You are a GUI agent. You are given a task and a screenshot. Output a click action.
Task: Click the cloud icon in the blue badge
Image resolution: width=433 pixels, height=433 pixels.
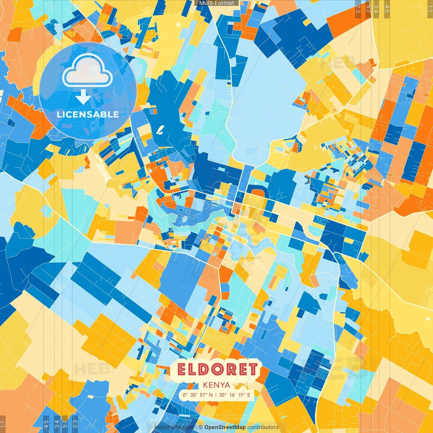click(x=87, y=70)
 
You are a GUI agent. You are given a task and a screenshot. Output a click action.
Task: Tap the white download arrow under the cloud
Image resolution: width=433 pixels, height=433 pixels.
click(x=83, y=97)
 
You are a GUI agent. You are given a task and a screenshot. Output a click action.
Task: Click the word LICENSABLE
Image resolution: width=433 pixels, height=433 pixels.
click(x=88, y=114)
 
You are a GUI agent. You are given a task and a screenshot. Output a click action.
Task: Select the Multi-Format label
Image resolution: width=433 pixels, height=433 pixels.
click(x=216, y=3)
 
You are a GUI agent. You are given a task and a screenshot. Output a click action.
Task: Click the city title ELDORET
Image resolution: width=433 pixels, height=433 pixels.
click(x=217, y=370)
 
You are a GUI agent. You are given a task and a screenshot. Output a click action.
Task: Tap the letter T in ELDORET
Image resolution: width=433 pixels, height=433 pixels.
click(x=252, y=370)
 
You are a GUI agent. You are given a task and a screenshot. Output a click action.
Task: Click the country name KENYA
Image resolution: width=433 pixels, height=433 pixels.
click(x=216, y=385)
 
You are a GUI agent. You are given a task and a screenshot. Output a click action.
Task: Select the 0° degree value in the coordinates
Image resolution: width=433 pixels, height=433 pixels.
click(x=185, y=395)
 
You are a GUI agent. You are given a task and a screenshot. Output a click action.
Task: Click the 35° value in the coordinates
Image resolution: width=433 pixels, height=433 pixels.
click(x=223, y=395)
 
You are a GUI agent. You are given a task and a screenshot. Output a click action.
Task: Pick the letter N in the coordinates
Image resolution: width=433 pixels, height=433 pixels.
click(x=211, y=395)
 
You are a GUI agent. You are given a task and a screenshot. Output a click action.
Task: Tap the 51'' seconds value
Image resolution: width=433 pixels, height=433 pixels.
click(x=203, y=395)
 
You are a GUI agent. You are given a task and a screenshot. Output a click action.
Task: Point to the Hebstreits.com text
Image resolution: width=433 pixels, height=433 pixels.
click(x=174, y=427)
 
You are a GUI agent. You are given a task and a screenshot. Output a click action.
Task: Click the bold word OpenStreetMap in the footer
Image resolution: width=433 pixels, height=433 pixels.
click(x=225, y=427)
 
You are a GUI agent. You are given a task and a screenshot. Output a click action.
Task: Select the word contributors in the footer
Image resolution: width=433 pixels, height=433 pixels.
click(x=263, y=427)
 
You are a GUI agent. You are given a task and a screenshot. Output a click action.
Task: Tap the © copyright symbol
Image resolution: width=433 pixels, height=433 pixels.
click(x=200, y=427)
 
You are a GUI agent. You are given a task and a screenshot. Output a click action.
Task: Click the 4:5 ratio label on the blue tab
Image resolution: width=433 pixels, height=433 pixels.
click(x=46, y=424)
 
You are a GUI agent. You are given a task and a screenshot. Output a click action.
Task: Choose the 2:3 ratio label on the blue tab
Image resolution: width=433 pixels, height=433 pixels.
click(x=75, y=424)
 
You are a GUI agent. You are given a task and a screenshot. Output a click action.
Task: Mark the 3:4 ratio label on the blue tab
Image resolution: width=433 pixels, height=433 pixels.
click(x=57, y=424)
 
